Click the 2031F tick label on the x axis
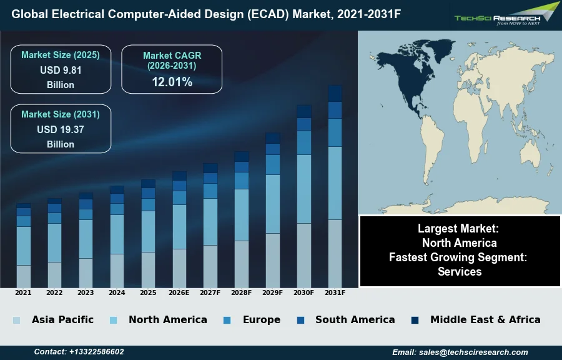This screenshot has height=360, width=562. click(335, 292)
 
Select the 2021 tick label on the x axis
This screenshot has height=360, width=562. click(23, 292)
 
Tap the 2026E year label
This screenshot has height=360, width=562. click(179, 292)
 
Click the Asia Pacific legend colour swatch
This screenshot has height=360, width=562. click(16, 320)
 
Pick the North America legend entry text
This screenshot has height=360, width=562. click(167, 319)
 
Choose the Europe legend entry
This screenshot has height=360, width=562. click(261, 319)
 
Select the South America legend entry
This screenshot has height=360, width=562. click(355, 319)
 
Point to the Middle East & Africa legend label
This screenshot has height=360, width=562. click(485, 319)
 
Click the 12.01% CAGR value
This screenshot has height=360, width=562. click(172, 82)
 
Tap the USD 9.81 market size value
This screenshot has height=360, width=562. click(61, 70)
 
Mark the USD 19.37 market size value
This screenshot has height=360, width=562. click(61, 129)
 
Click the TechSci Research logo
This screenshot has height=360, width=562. click(506, 14)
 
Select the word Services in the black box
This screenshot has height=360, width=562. click(460, 271)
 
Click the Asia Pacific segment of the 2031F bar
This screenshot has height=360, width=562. click(335, 253)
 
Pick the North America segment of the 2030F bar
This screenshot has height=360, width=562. click(304, 189)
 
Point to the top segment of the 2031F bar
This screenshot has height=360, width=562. click(335, 93)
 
